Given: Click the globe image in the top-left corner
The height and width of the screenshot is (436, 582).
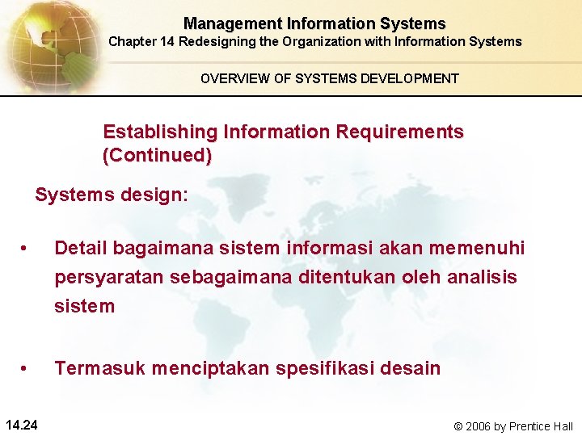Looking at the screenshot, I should [x=48, y=44].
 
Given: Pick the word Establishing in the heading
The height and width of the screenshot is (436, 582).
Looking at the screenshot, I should [x=160, y=132].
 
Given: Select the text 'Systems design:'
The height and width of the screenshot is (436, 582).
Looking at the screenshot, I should [x=112, y=195].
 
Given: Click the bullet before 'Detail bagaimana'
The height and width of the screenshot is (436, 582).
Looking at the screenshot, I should [x=27, y=248].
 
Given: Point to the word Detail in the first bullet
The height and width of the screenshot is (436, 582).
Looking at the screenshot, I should [x=81, y=248].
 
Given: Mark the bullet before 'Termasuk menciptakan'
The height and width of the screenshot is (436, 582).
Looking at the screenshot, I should [x=27, y=369].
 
